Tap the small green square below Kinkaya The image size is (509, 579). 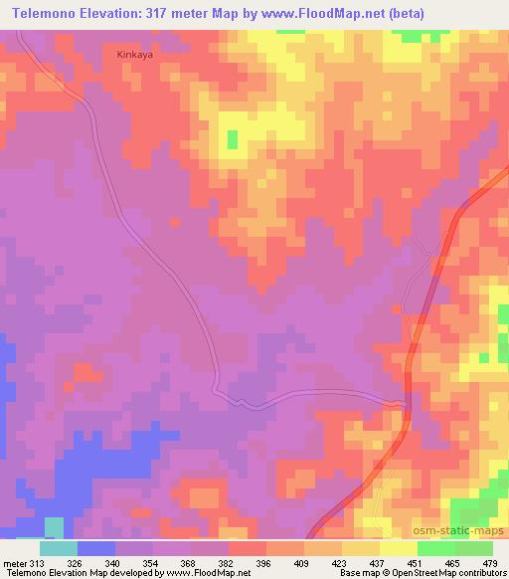click(x=232, y=139)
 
